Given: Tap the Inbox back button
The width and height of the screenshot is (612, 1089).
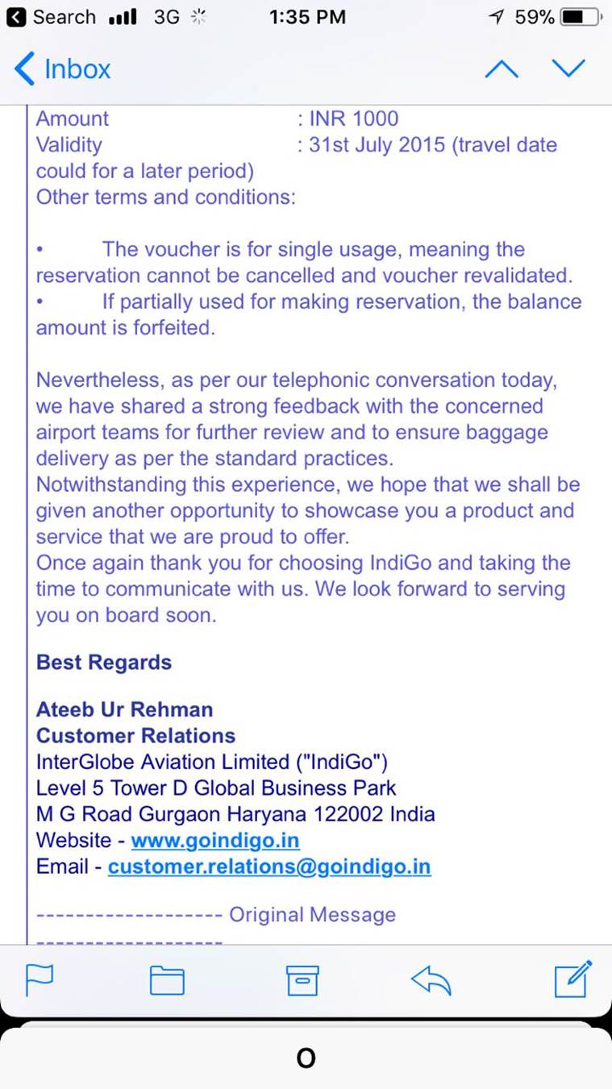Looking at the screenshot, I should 62,69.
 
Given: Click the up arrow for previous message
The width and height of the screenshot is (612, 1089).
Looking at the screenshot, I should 502,69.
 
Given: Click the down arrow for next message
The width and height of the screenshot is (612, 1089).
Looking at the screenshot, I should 568,69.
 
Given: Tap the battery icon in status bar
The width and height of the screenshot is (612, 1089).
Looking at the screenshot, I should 579,17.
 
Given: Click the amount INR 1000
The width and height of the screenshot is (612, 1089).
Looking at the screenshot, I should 353,118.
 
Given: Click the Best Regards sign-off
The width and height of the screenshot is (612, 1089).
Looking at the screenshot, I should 104,663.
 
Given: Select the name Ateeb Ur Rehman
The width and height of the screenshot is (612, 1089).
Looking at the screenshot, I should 125,709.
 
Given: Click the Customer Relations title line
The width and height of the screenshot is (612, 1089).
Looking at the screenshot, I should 135,735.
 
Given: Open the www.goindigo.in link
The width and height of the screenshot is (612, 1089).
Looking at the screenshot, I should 215,840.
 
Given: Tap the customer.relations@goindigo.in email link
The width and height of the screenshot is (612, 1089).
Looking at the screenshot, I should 269,867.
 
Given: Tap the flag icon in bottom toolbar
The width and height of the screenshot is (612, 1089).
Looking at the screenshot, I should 40,980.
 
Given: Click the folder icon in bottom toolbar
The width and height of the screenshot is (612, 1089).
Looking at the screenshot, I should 167,980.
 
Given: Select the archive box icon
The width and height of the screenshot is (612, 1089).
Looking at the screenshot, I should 302,980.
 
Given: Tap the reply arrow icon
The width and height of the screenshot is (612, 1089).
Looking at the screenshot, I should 431,980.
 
